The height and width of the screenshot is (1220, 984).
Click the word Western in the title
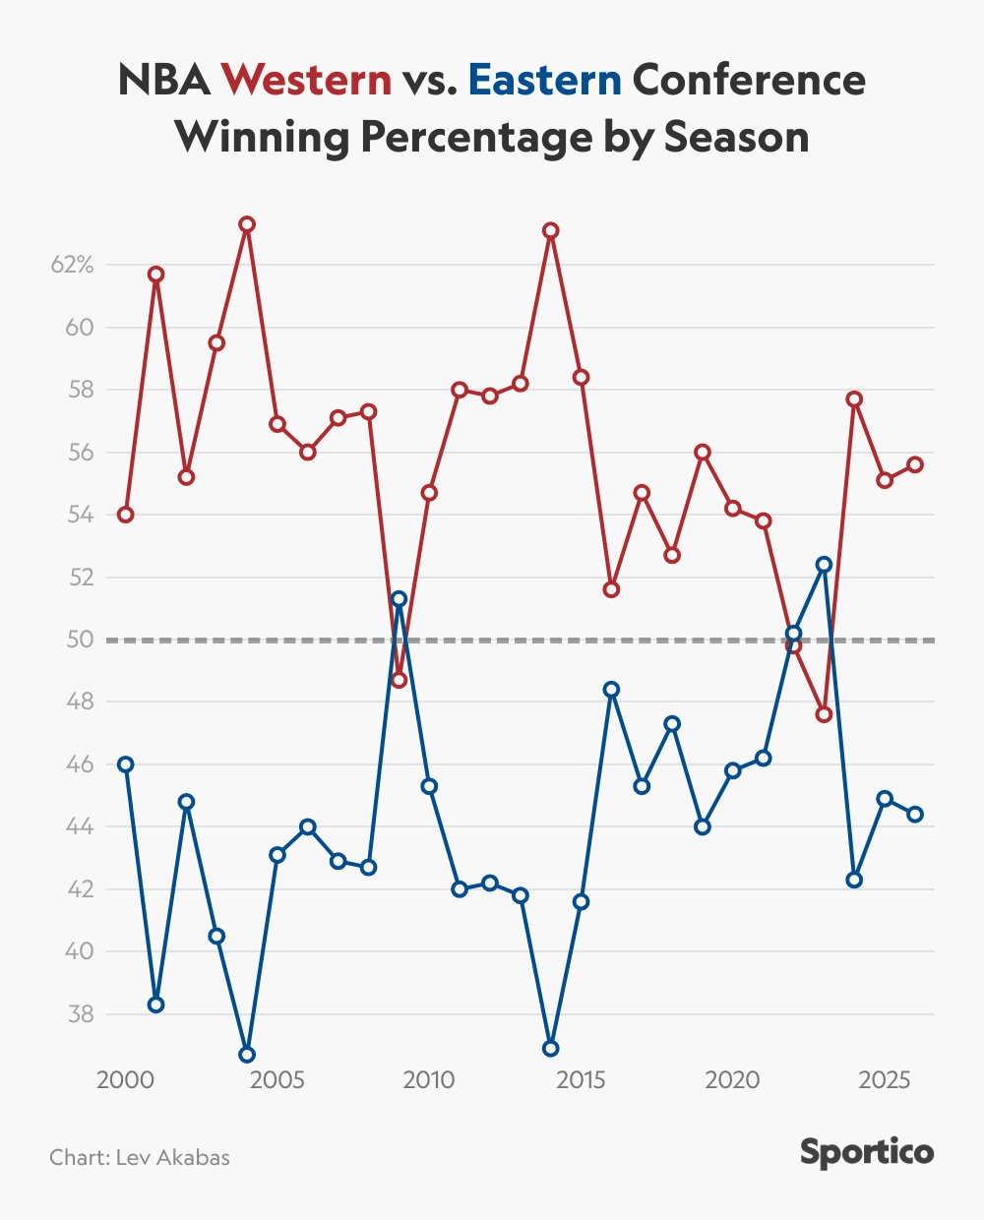coord(306,80)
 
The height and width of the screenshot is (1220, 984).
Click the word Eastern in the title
coord(545,80)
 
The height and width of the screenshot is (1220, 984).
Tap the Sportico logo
coord(866,1152)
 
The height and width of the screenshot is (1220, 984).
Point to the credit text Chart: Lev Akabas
coord(140,1157)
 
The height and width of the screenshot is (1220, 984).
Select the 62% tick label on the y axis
coord(73,265)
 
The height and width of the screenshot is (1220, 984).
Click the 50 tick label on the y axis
coord(80,640)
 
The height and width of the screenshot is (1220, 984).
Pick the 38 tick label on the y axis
coord(80,1014)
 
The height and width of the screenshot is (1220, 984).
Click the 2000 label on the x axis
coord(125,1079)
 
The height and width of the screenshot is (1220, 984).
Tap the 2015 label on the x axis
coord(581,1079)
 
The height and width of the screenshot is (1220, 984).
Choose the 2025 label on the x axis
coord(885,1079)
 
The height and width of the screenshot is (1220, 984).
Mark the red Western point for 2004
coord(247,224)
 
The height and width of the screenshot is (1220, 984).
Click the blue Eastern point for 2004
coord(247,1055)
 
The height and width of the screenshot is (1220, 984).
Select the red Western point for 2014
coord(551,230)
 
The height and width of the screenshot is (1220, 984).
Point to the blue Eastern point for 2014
coord(551,1049)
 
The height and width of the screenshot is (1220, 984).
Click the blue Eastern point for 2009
coord(399,598)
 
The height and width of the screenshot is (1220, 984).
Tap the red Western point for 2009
coord(399,680)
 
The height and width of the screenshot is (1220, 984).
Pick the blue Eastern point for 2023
coord(825,565)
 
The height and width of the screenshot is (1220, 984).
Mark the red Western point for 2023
coord(825,714)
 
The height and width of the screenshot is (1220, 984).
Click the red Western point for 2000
coord(125,515)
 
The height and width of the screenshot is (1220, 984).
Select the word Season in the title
coord(736,137)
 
